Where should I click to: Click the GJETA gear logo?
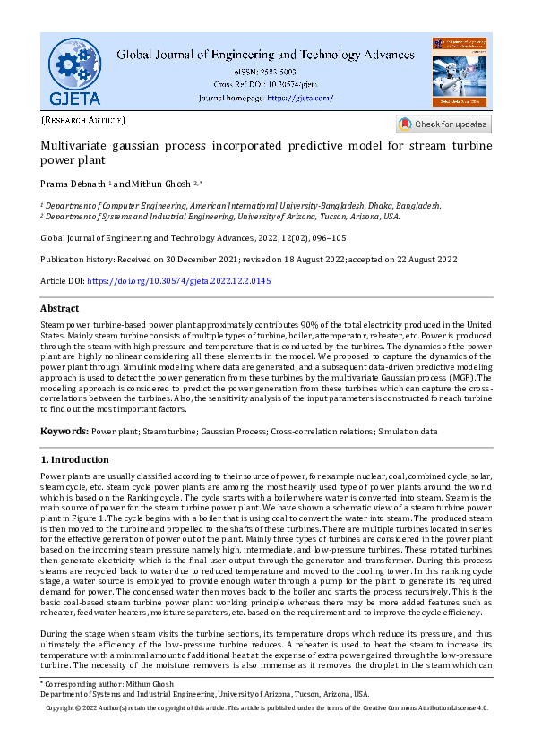tap(75, 71)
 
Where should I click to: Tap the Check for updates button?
tap(444, 124)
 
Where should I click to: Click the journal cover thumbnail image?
tap(459, 72)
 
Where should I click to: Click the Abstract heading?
tap(60, 308)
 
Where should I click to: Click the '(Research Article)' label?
tap(83, 120)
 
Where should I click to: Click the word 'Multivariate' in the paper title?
tap(74, 145)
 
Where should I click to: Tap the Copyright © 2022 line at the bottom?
tap(266, 708)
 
